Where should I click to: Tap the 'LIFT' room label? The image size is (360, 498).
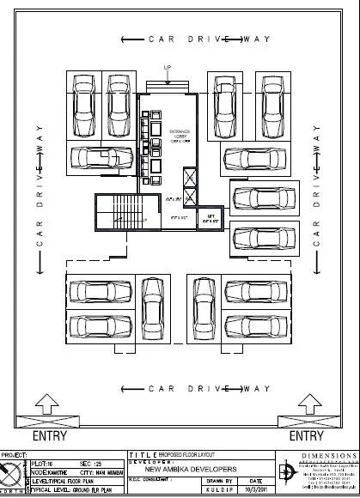tap(209, 219)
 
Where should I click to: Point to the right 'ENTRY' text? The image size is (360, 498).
tap(306, 436)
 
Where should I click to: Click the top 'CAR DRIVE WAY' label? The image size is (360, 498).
tap(197, 39)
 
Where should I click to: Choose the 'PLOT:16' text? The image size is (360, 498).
tap(43, 462)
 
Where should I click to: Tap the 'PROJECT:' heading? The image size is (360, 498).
tap(15, 454)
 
